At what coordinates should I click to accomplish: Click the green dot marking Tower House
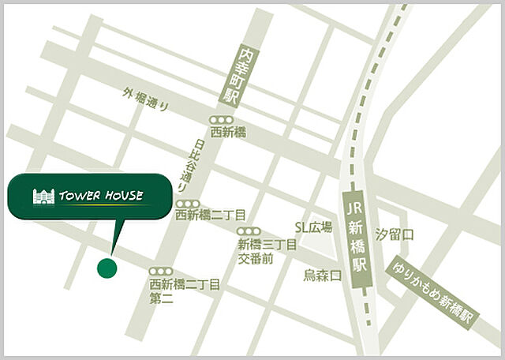[107, 268]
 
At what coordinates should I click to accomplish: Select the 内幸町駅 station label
[229, 77]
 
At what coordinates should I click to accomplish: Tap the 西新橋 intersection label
[228, 133]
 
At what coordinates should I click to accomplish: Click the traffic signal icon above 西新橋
[222, 118]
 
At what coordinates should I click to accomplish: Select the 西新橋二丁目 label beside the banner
[211, 215]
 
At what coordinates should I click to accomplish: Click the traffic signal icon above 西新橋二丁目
[186, 203]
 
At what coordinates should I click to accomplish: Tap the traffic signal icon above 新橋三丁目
[249, 232]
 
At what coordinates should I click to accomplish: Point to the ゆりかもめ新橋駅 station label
[434, 291]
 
